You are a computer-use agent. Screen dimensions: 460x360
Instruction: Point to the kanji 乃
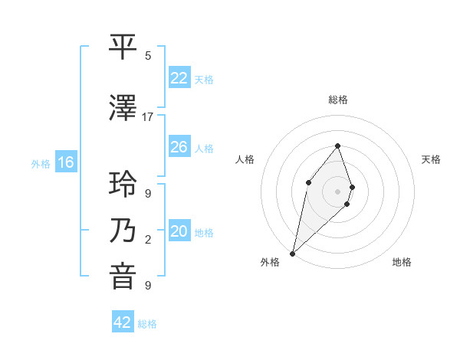pos(124,231)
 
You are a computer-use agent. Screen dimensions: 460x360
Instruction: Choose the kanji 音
pos(124,276)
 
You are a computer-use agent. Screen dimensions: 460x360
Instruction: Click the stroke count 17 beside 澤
pos(148,116)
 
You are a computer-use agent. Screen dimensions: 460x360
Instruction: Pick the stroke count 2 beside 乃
pos(148,240)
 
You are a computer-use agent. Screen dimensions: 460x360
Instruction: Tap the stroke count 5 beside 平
pos(148,56)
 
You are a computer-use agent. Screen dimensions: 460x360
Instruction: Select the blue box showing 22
pos(179,77)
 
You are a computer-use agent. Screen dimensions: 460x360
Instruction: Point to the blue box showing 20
pos(179,231)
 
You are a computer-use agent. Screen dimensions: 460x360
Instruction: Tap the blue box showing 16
pos(65,162)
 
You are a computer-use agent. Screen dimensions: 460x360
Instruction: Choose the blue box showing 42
pos(122,322)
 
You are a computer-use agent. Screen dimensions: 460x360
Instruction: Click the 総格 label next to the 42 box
pos(147,324)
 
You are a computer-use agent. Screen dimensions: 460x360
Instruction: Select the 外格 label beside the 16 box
pos(41,163)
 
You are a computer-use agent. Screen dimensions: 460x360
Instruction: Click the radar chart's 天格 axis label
pos(431,159)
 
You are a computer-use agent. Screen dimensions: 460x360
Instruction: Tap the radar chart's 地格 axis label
pos(402,262)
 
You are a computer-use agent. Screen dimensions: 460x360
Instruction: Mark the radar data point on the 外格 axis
pos(292,253)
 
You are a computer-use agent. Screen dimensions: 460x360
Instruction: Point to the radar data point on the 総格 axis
pos(337,146)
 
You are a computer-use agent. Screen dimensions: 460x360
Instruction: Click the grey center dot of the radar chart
pos(337,191)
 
